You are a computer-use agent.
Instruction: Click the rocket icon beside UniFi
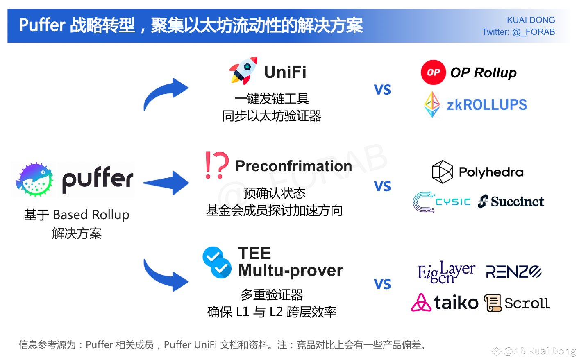tap(243, 71)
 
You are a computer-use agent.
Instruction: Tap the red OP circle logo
tap(433, 72)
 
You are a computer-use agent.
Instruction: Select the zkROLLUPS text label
tap(487, 105)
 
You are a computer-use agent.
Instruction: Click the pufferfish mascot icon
tap(35, 179)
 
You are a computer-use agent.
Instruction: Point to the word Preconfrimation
tap(293, 166)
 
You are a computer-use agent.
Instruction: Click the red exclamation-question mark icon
tap(216, 165)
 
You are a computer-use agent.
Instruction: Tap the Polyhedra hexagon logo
tap(443, 172)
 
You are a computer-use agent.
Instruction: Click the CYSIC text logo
tap(453, 202)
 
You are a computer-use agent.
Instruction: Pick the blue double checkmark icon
tap(216, 263)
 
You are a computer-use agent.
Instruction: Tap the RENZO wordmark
tap(513, 272)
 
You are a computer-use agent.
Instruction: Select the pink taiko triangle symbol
tap(421, 303)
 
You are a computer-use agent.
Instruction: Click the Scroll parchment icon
tap(493, 303)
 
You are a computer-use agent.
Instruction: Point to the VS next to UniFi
tap(382, 90)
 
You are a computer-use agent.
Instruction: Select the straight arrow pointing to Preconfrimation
tap(166, 183)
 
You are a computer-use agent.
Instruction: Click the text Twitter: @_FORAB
tap(518, 32)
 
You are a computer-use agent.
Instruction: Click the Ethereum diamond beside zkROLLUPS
tap(432, 104)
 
